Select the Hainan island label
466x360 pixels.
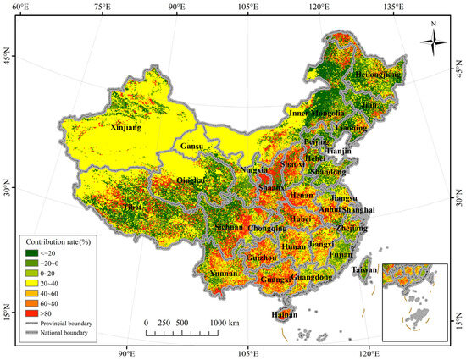(283, 315)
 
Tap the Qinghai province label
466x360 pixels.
(191, 180)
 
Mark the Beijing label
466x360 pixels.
(316, 141)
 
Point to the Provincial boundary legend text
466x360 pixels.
(70, 323)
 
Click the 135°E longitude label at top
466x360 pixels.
(391, 7)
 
